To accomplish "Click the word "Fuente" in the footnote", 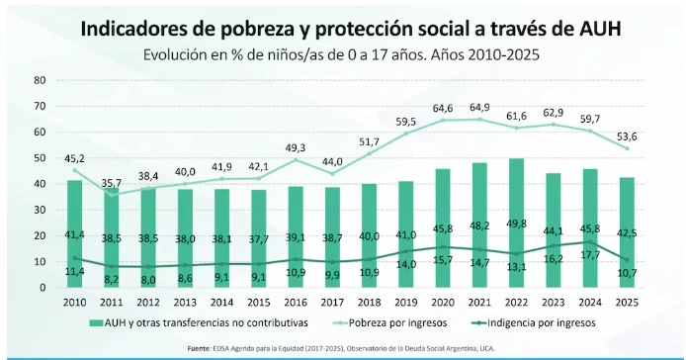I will pos(200,349).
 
